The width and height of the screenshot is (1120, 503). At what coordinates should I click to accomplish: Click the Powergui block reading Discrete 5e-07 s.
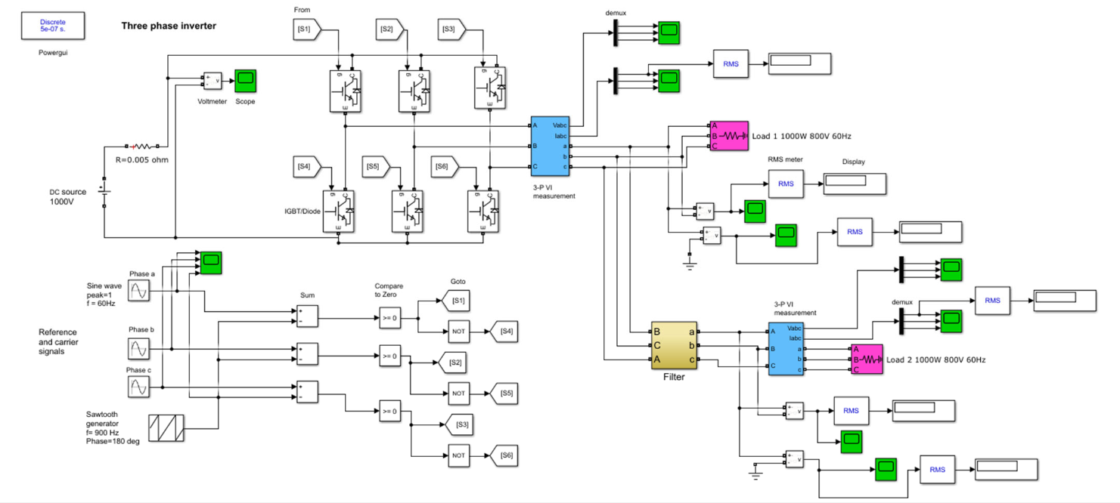(x=53, y=26)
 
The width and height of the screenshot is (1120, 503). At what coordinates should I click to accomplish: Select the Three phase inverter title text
(x=169, y=26)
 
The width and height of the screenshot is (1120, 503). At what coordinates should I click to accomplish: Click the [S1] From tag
(x=306, y=29)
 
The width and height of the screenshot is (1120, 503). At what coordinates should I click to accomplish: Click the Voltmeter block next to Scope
(x=212, y=81)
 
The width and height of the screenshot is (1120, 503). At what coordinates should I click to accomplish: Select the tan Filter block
(x=674, y=346)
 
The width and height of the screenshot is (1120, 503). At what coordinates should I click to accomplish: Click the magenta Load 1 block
(x=728, y=136)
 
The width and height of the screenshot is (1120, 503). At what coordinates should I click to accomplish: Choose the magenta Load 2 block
(x=867, y=360)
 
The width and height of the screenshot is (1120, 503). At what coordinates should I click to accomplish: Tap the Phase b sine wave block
(x=138, y=349)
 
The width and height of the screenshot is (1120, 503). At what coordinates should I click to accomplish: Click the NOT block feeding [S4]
(x=458, y=332)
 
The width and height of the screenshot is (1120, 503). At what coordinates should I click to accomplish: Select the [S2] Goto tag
(x=455, y=363)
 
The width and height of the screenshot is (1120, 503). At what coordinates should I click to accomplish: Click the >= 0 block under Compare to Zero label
(x=389, y=318)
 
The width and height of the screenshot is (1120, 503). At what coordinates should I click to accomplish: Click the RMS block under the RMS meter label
(x=786, y=184)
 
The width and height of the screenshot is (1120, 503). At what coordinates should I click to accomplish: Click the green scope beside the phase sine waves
(x=210, y=262)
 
